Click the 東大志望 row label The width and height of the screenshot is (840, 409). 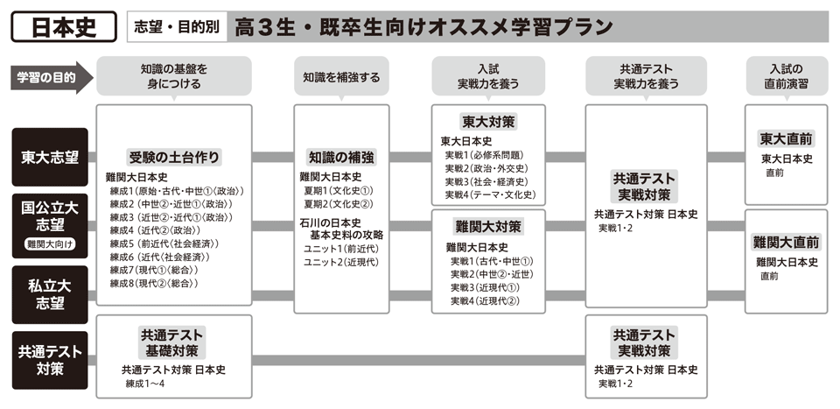50,158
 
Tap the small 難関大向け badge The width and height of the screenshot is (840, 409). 50,245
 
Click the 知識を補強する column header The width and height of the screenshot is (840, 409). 341,77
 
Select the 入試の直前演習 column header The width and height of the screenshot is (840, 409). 786,77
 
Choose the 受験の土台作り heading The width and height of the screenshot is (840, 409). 173,158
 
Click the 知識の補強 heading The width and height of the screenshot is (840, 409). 341,158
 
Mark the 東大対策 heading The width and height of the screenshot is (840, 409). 488,122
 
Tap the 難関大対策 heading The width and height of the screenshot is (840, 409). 488,227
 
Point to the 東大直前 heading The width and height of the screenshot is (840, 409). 786,139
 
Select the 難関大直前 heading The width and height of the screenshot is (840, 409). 786,242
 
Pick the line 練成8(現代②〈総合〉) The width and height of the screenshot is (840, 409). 154,283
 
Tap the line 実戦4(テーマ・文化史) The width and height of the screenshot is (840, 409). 490,194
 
